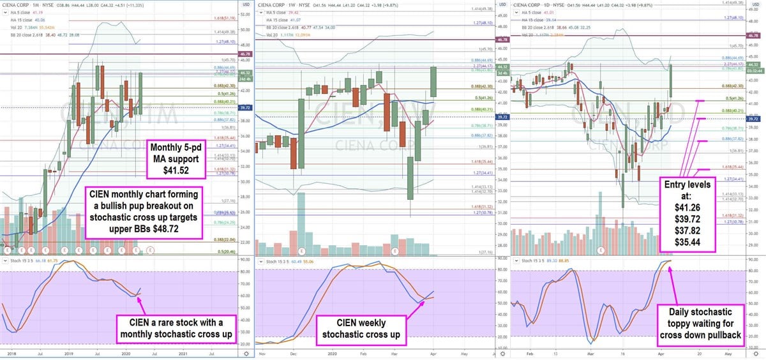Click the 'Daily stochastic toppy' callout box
tap(708, 322)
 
